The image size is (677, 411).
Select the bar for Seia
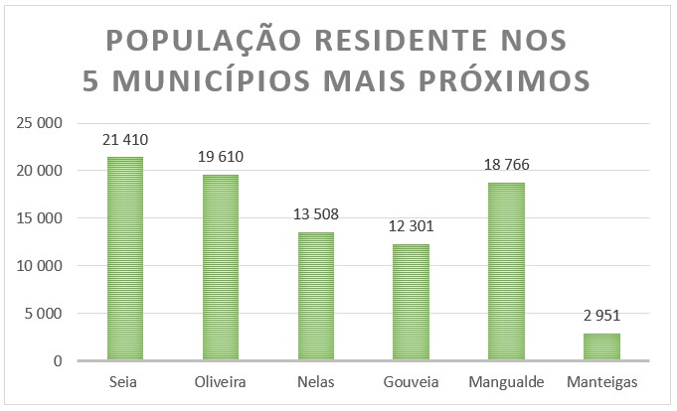pos(125,259)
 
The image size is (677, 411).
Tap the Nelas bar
pos(316,297)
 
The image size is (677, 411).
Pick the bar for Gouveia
pos(411,303)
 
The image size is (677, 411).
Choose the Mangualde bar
pos(506,272)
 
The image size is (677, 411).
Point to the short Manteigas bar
pos(601,347)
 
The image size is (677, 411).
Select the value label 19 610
pos(221,158)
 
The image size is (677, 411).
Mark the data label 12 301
pos(411,227)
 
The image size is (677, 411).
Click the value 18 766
pos(506,166)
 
